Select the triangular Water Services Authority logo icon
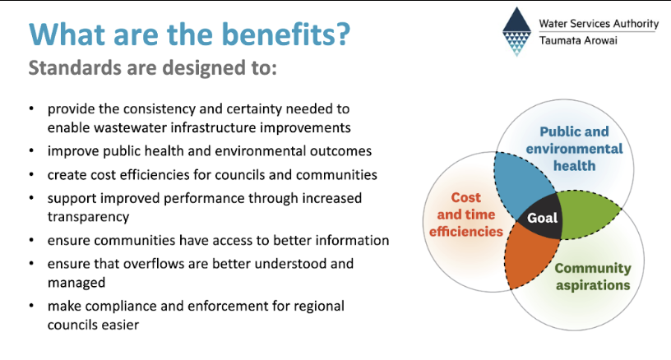(516, 31)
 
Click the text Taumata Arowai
(578, 40)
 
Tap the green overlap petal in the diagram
(586, 214)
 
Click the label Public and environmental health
(574, 149)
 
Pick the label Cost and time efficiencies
(466, 215)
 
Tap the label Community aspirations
(593, 276)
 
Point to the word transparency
(88, 217)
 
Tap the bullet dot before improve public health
(31, 151)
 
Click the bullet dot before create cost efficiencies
(31, 174)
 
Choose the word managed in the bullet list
(76, 283)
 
